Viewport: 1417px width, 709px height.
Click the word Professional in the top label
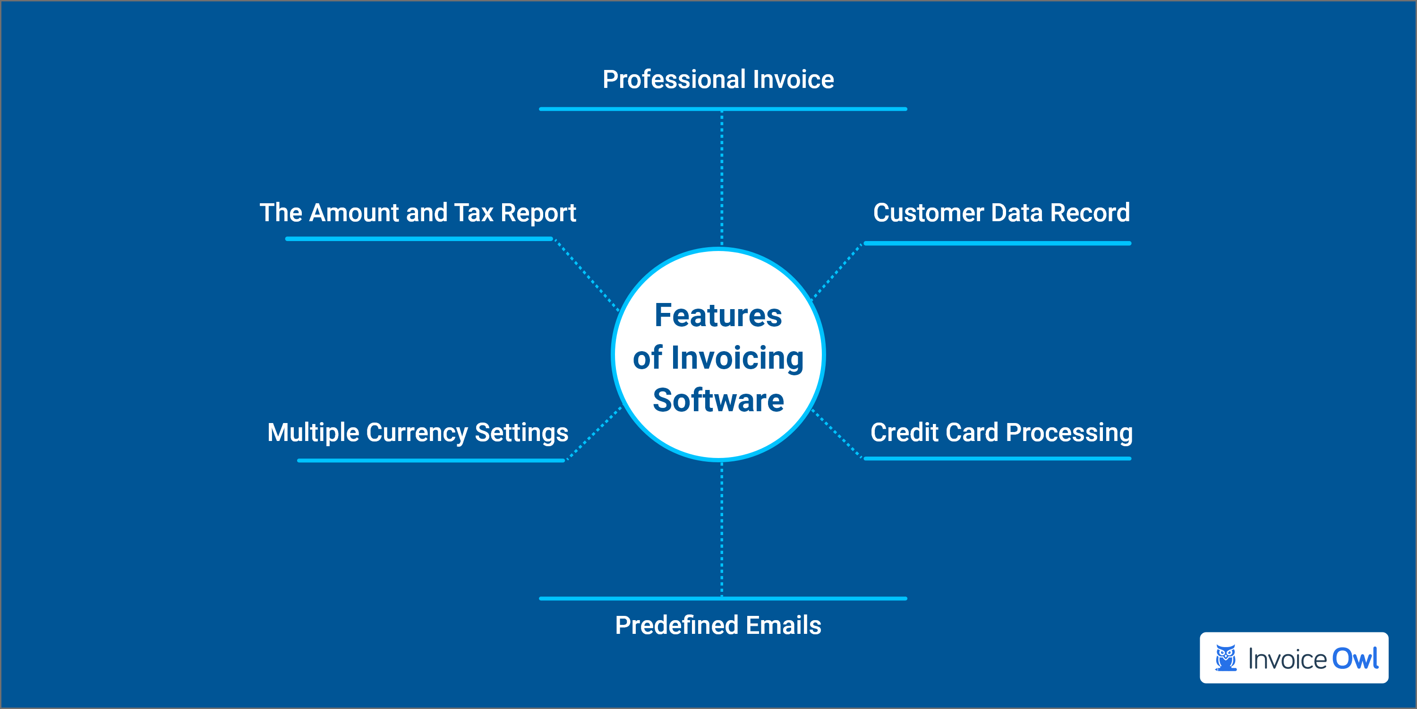[674, 80]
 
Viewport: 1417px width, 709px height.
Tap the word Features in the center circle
[718, 316]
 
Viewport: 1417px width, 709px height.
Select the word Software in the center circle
[718, 400]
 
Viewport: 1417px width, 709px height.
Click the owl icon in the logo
[1226, 658]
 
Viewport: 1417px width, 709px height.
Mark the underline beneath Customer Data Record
[997, 243]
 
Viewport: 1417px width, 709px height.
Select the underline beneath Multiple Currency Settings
[431, 460]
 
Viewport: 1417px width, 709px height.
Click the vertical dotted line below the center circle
[722, 528]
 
